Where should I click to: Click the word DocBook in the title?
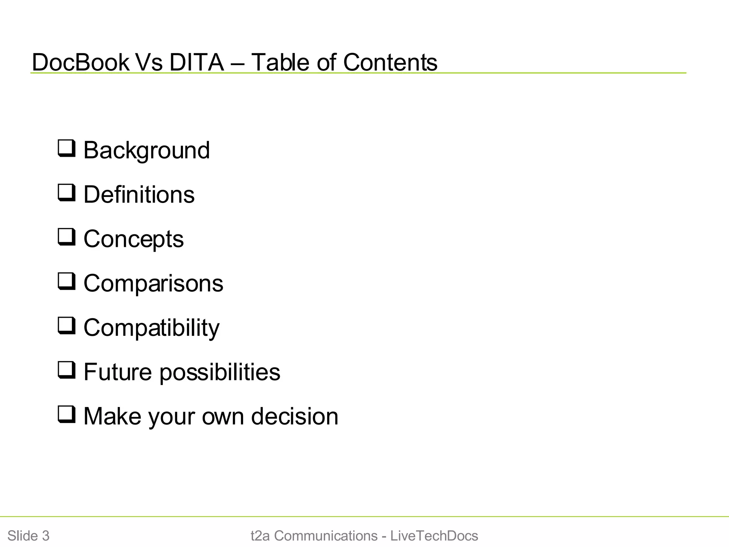click(x=80, y=62)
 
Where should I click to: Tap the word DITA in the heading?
click(x=196, y=62)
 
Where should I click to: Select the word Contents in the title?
click(x=390, y=62)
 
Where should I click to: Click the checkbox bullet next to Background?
click(x=67, y=149)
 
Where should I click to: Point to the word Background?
click(x=147, y=151)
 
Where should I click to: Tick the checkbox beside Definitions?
click(x=67, y=193)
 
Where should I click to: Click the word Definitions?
click(x=139, y=195)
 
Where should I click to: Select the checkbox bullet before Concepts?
click(x=67, y=237)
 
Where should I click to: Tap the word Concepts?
click(x=133, y=239)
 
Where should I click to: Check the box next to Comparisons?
click(x=67, y=282)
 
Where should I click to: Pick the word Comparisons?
click(x=153, y=283)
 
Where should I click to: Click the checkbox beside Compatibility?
click(x=67, y=326)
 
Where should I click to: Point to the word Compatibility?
click(x=152, y=328)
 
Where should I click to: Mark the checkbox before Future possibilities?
click(x=67, y=370)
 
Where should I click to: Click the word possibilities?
click(x=220, y=373)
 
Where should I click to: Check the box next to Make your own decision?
click(x=67, y=415)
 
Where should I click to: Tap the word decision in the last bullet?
click(x=295, y=416)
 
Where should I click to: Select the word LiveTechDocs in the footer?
click(x=434, y=536)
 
